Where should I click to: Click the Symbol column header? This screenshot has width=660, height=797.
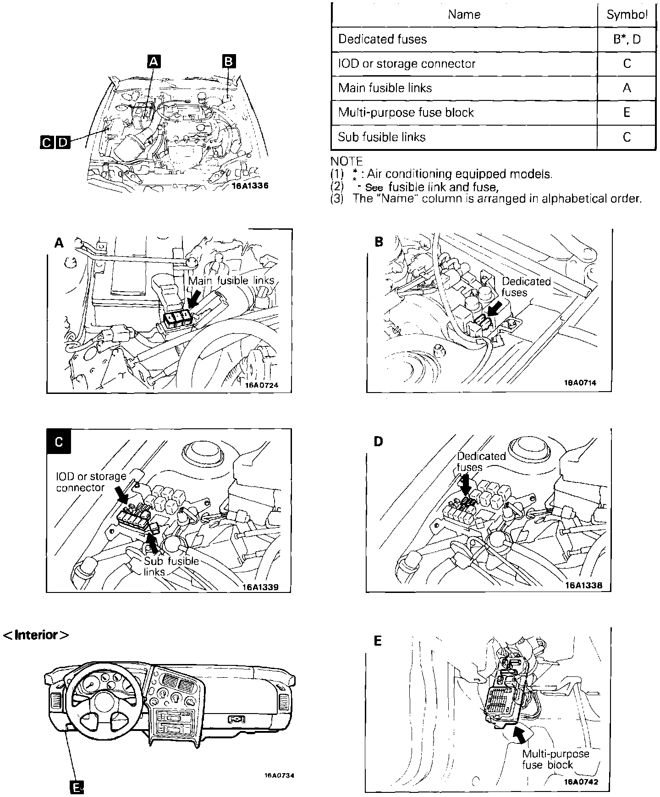627,15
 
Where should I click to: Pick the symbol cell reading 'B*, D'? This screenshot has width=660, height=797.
627,39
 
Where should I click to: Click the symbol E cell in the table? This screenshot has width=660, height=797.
627,112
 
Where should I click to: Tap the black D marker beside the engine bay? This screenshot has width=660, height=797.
63,142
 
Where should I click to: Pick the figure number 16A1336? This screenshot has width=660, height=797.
250,186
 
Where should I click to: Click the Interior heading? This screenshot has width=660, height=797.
37,635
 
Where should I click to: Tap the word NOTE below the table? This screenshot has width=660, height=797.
346,161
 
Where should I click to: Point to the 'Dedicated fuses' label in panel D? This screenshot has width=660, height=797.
480,461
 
